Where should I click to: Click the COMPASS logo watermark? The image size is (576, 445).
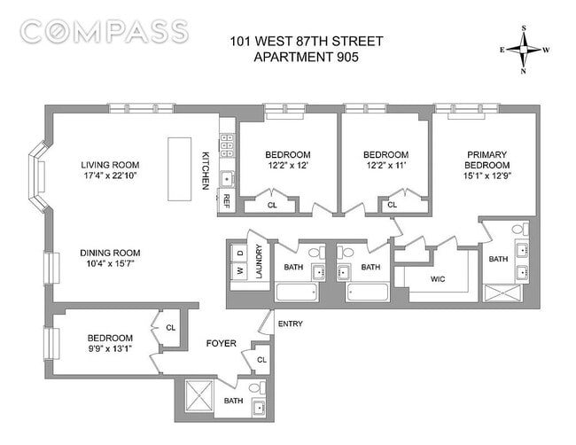[x=105, y=32]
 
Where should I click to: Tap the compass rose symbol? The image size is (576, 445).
[x=525, y=50]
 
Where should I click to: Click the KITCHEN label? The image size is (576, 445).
[x=206, y=168]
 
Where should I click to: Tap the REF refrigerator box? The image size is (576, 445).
[x=227, y=200]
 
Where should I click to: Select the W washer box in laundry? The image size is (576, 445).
[x=238, y=270]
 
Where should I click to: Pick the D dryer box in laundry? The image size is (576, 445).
[x=238, y=254]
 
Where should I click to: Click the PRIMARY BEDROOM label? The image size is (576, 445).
[x=487, y=160]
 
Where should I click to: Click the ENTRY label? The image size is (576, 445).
[x=290, y=324]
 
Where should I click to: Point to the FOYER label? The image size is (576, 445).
[x=221, y=343]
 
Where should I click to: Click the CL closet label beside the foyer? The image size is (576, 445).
[x=261, y=360]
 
